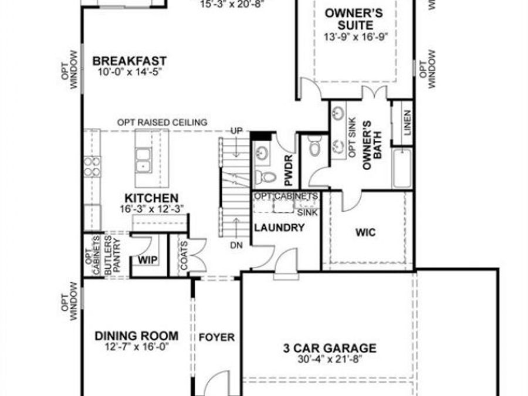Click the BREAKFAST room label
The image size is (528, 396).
click(x=130, y=60)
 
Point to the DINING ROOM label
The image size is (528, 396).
click(x=137, y=336)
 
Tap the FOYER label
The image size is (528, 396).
click(x=216, y=337)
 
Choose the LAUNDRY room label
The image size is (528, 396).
click(x=279, y=227)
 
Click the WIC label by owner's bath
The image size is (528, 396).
click(x=365, y=232)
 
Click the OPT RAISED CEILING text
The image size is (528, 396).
click(x=162, y=123)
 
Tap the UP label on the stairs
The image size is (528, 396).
click(x=236, y=130)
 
